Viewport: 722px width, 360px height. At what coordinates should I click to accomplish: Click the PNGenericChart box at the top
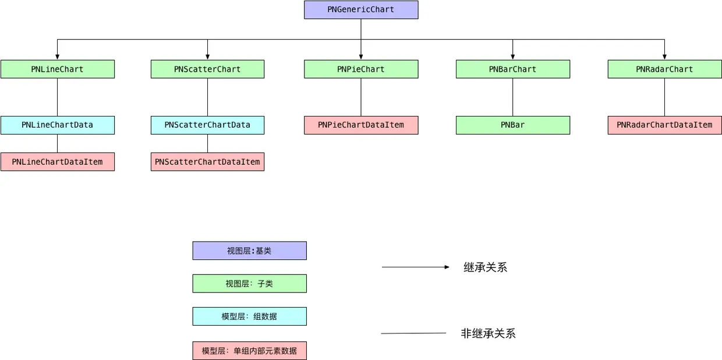361,10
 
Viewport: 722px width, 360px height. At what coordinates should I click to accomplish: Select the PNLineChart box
57,69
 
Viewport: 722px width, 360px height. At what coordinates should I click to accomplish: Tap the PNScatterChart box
207,69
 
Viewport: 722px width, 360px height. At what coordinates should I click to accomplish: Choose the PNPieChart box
361,69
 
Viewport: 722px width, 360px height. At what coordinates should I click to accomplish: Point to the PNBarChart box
512,69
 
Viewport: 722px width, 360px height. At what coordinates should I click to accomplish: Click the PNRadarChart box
664,69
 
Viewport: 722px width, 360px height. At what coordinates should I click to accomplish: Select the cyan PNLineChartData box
57,125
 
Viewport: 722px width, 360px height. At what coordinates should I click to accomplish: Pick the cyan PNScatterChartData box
207,125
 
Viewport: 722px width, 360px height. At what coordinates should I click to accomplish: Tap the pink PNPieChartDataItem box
361,125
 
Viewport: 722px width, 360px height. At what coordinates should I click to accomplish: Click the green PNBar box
512,125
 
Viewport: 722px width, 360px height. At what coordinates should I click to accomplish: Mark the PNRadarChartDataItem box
664,125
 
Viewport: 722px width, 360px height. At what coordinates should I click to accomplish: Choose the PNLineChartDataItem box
57,162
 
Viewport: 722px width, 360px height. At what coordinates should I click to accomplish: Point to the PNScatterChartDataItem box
207,162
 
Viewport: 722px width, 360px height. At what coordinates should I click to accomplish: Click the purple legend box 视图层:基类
249,251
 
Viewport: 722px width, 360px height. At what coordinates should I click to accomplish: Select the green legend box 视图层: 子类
249,284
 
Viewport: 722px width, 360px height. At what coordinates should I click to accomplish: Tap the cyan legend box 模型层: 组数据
249,316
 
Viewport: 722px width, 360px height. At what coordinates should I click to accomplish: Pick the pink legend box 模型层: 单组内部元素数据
249,351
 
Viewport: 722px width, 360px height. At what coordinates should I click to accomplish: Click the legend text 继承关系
485,267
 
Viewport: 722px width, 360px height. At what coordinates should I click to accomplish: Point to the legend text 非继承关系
488,334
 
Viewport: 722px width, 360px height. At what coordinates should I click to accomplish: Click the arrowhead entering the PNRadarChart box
664,57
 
